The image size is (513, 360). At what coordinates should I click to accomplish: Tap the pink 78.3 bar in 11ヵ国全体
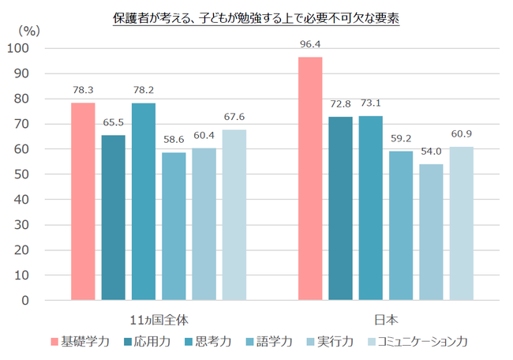pyautogui.click(x=83, y=201)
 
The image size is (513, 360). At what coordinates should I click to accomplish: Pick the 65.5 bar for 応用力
pyautogui.click(x=113, y=217)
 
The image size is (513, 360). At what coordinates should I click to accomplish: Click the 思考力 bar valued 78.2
pyautogui.click(x=144, y=201)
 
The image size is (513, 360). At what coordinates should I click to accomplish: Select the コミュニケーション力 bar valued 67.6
pyautogui.click(x=234, y=215)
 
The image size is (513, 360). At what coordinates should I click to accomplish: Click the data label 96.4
pyautogui.click(x=310, y=44)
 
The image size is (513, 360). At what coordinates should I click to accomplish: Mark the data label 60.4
pyautogui.click(x=204, y=136)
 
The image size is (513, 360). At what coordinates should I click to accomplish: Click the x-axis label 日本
pyautogui.click(x=386, y=319)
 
